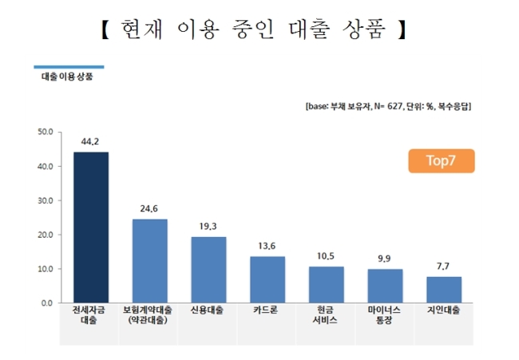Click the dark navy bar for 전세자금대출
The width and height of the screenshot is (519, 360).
(x=91, y=227)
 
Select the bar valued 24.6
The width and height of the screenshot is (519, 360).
(x=150, y=261)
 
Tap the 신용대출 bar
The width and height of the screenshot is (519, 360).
(x=209, y=270)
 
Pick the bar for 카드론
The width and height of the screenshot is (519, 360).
(x=267, y=279)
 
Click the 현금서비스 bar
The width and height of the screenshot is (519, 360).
(x=327, y=284)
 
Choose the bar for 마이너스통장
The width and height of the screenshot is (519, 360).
(x=386, y=286)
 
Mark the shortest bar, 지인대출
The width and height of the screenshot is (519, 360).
(x=444, y=290)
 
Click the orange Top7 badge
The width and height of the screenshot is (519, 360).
(x=442, y=160)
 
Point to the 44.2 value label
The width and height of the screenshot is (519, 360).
(x=90, y=141)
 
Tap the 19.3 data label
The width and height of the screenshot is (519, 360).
(x=208, y=227)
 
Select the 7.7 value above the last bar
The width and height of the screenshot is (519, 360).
(x=443, y=267)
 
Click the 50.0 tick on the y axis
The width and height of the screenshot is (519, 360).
(x=46, y=132)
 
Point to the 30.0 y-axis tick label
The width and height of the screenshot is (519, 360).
(x=46, y=201)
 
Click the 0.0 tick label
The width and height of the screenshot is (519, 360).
(x=47, y=303)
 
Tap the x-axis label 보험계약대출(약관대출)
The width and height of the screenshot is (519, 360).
(x=148, y=315)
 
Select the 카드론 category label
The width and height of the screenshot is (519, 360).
(x=266, y=310)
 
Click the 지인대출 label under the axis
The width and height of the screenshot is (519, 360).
(x=443, y=310)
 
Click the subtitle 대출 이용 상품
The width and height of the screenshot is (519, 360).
(x=67, y=77)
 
